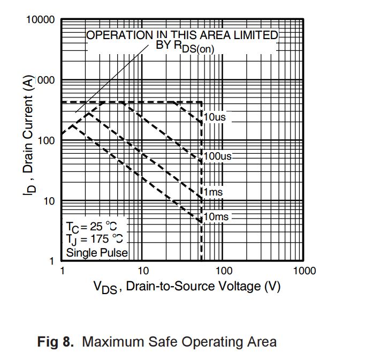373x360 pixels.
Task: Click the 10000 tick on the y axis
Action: pos(41,20)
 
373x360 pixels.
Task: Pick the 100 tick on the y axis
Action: pos(47,141)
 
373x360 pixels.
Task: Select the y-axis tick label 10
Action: pos(50,201)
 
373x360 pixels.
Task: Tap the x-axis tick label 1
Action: pos(62,271)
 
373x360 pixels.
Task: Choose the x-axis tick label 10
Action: pos(143,271)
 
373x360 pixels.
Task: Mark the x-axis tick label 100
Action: pos(223,271)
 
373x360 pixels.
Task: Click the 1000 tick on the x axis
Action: pos(304,271)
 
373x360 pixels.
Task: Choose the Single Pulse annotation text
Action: pos(96,252)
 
